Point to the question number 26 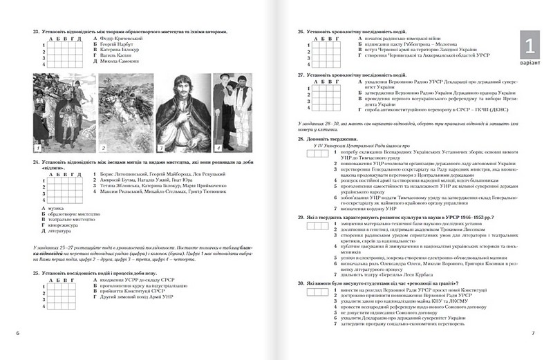[302, 31]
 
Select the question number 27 [302, 73]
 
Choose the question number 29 [302, 216]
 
